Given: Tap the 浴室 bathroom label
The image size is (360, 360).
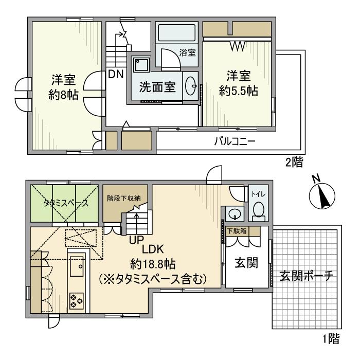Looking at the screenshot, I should click(187, 52).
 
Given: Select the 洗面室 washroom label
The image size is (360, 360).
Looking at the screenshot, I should click(157, 86).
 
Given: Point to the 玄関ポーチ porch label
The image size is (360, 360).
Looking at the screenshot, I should click(307, 275).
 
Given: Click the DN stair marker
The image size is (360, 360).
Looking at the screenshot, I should click(116, 74).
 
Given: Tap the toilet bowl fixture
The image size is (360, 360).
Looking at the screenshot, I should click(259, 209).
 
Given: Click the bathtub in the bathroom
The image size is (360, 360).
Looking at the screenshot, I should click(176, 34).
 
